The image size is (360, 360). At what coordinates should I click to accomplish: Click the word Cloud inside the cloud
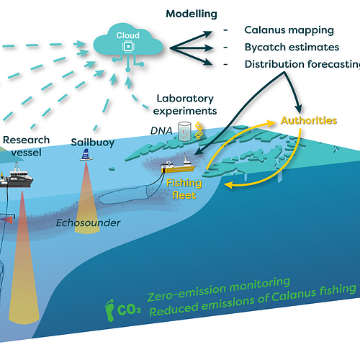point(128,35)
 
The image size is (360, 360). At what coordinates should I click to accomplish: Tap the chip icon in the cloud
point(128,46)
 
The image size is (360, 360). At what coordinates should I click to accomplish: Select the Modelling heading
point(192,14)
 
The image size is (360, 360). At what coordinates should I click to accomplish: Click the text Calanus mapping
point(289,30)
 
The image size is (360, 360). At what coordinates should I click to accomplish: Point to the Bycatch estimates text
point(292,47)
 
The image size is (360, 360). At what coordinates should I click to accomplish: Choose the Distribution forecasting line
point(302,64)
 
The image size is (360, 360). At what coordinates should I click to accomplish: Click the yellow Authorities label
point(309,120)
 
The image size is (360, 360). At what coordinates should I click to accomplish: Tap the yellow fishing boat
point(178,165)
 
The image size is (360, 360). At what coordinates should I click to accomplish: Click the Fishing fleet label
point(184,189)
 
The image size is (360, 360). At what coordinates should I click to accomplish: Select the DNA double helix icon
point(198,130)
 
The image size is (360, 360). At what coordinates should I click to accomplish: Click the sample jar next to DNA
point(185,131)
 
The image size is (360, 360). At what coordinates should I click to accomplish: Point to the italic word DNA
point(161,131)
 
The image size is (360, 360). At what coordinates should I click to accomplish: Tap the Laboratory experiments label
point(185,104)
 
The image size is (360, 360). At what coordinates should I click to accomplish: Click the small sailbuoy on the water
point(86,155)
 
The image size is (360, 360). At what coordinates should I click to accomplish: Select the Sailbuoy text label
point(93,143)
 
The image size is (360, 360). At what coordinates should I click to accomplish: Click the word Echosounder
point(88,223)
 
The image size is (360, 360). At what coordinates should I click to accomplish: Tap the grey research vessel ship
point(17,176)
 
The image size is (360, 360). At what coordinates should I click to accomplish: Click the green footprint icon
point(110,310)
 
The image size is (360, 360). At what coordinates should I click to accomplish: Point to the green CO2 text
point(129,310)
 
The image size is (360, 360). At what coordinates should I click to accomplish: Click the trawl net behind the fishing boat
point(124,195)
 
